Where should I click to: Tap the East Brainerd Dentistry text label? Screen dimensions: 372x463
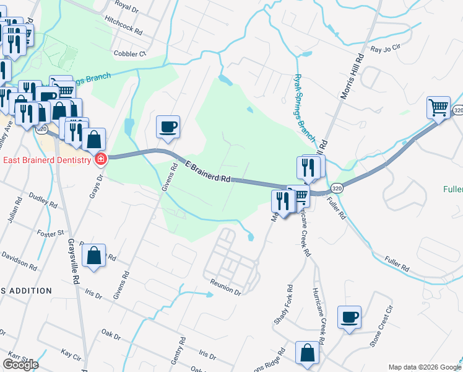pos(47,160)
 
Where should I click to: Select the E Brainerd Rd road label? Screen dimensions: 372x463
pos(207,171)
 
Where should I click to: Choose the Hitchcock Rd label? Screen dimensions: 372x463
pos(124,29)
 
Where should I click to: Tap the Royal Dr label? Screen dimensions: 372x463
pos(126,6)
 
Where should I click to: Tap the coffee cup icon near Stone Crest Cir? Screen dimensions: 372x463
pos(349,317)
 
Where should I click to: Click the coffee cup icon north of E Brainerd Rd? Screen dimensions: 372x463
pos(168,126)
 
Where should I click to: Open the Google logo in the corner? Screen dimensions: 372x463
pos(20,365)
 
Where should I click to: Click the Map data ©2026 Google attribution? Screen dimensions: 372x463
pos(424,367)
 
